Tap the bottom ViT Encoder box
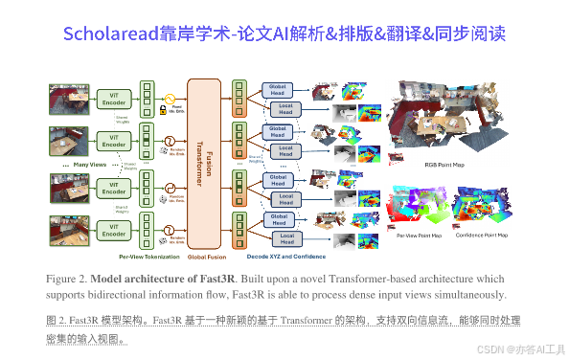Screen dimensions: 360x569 tap(113, 230)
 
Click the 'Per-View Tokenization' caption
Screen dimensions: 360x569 tap(148, 257)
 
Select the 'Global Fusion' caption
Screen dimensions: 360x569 tap(206, 257)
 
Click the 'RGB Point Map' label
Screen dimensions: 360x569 tap(443, 165)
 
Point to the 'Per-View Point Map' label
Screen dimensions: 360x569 tap(419, 235)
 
